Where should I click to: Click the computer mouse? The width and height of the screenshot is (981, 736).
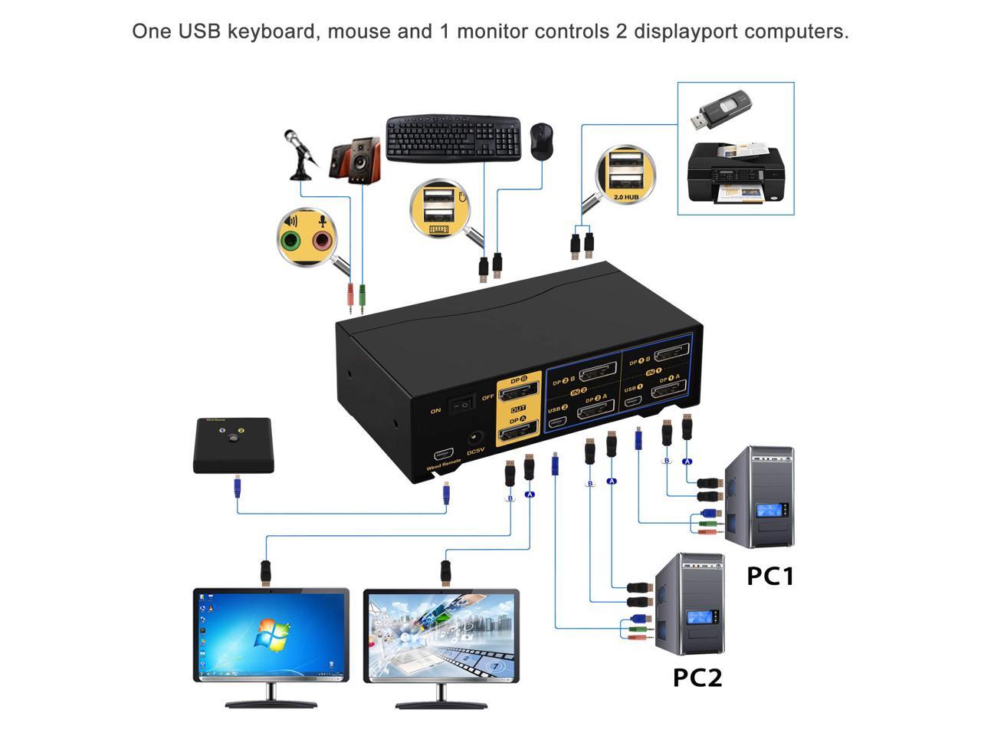541,141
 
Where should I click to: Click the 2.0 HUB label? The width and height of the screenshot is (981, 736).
626,197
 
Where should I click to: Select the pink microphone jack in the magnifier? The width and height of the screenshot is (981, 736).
321,242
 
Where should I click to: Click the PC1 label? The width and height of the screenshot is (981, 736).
770,576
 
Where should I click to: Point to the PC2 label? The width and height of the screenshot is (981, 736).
697,678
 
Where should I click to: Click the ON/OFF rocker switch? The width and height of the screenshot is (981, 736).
460,404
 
